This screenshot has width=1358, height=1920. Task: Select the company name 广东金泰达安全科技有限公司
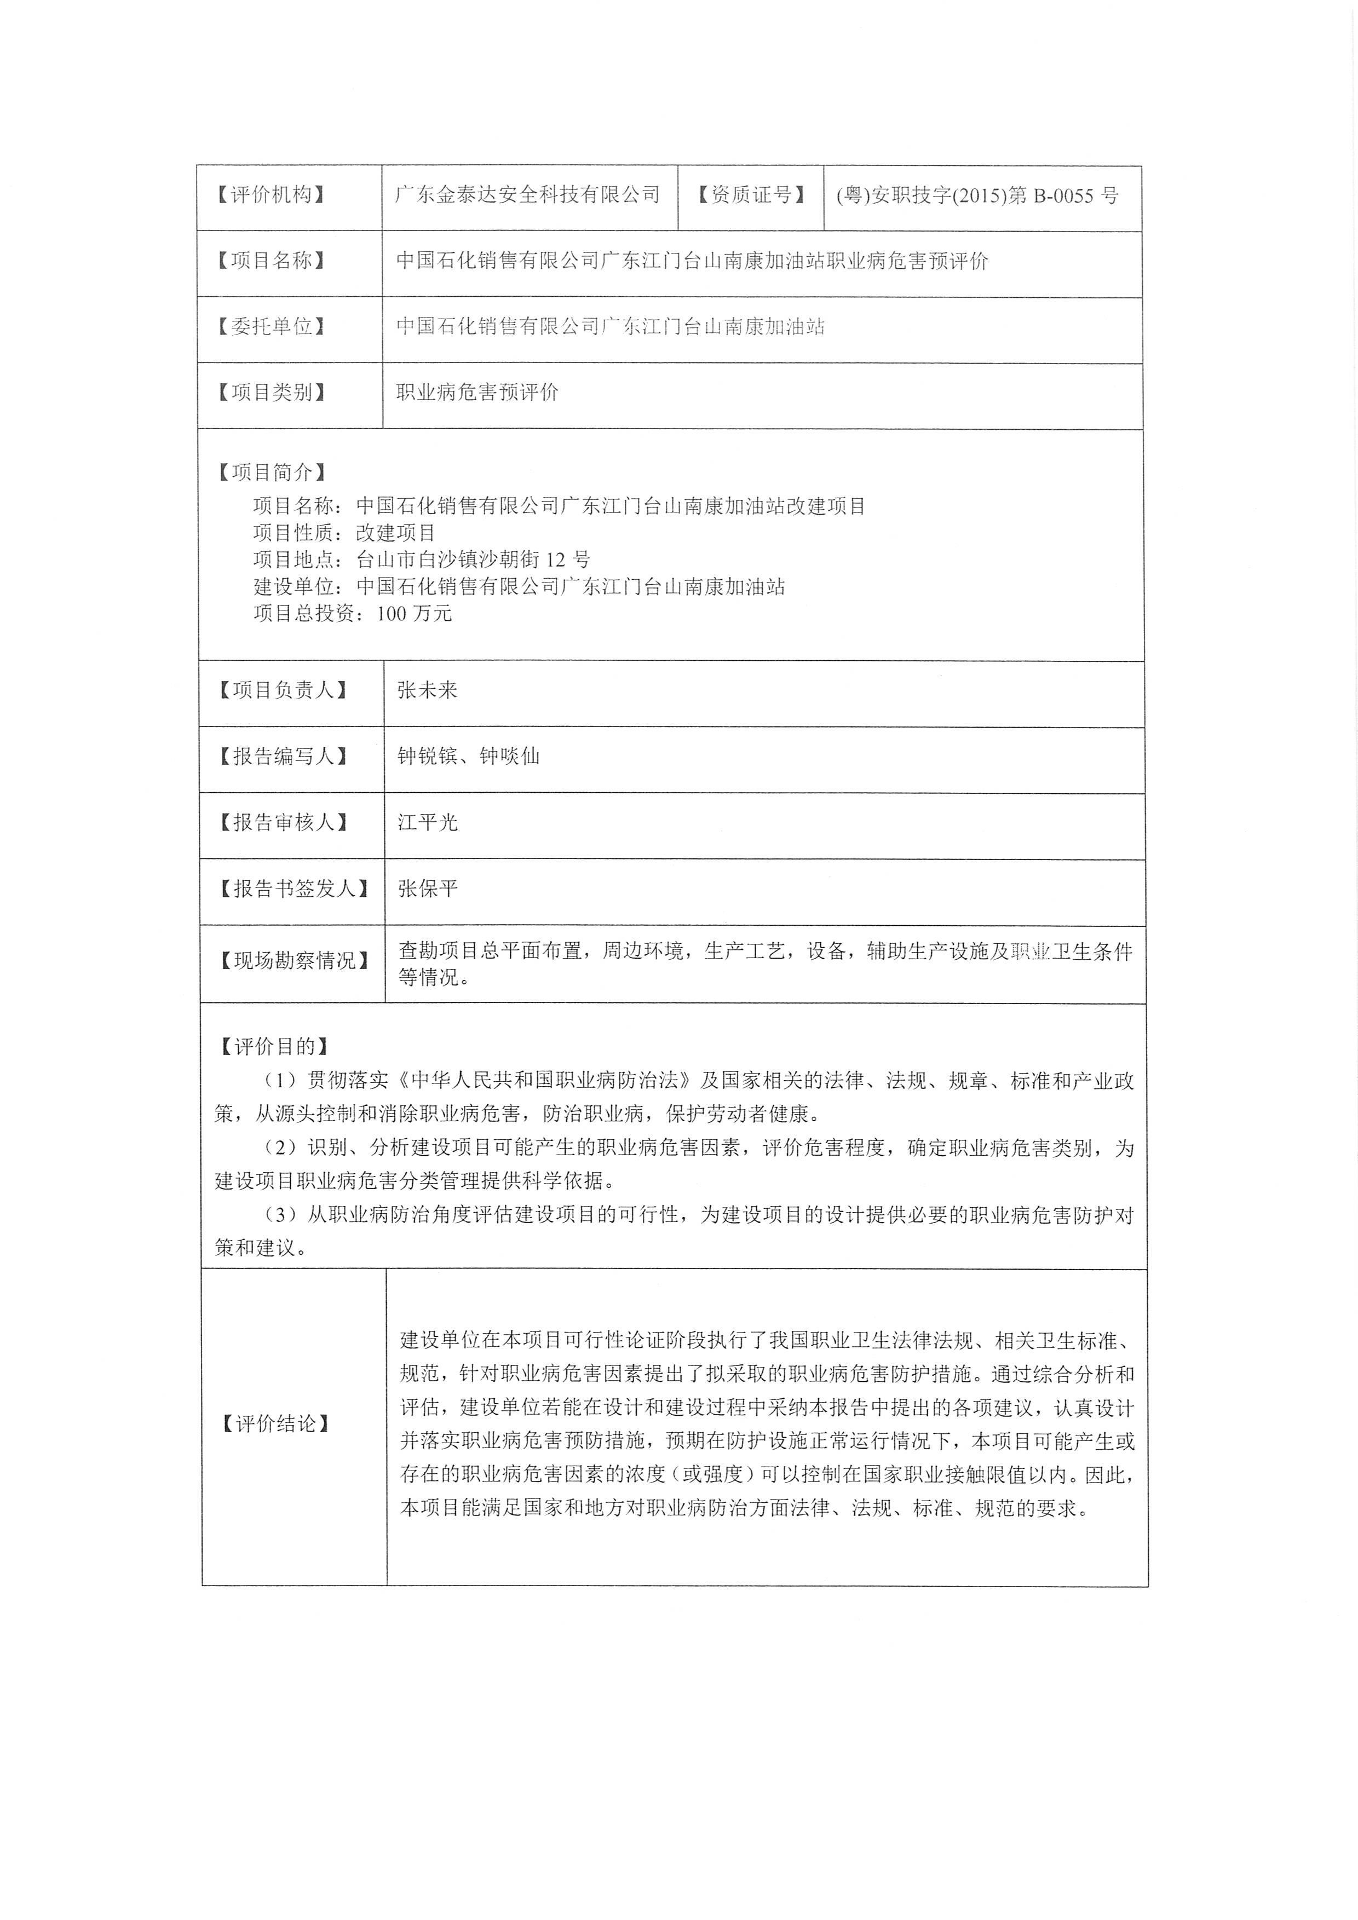pyautogui.click(x=528, y=195)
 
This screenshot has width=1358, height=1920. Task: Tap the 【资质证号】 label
pyautogui.click(x=751, y=195)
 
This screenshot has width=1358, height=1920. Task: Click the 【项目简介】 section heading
pyautogui.click(x=272, y=474)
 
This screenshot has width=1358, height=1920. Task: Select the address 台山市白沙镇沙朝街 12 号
pyautogui.click(x=473, y=560)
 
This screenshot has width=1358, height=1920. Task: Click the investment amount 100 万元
pyautogui.click(x=415, y=614)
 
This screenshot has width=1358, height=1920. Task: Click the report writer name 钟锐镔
pyautogui.click(x=427, y=757)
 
